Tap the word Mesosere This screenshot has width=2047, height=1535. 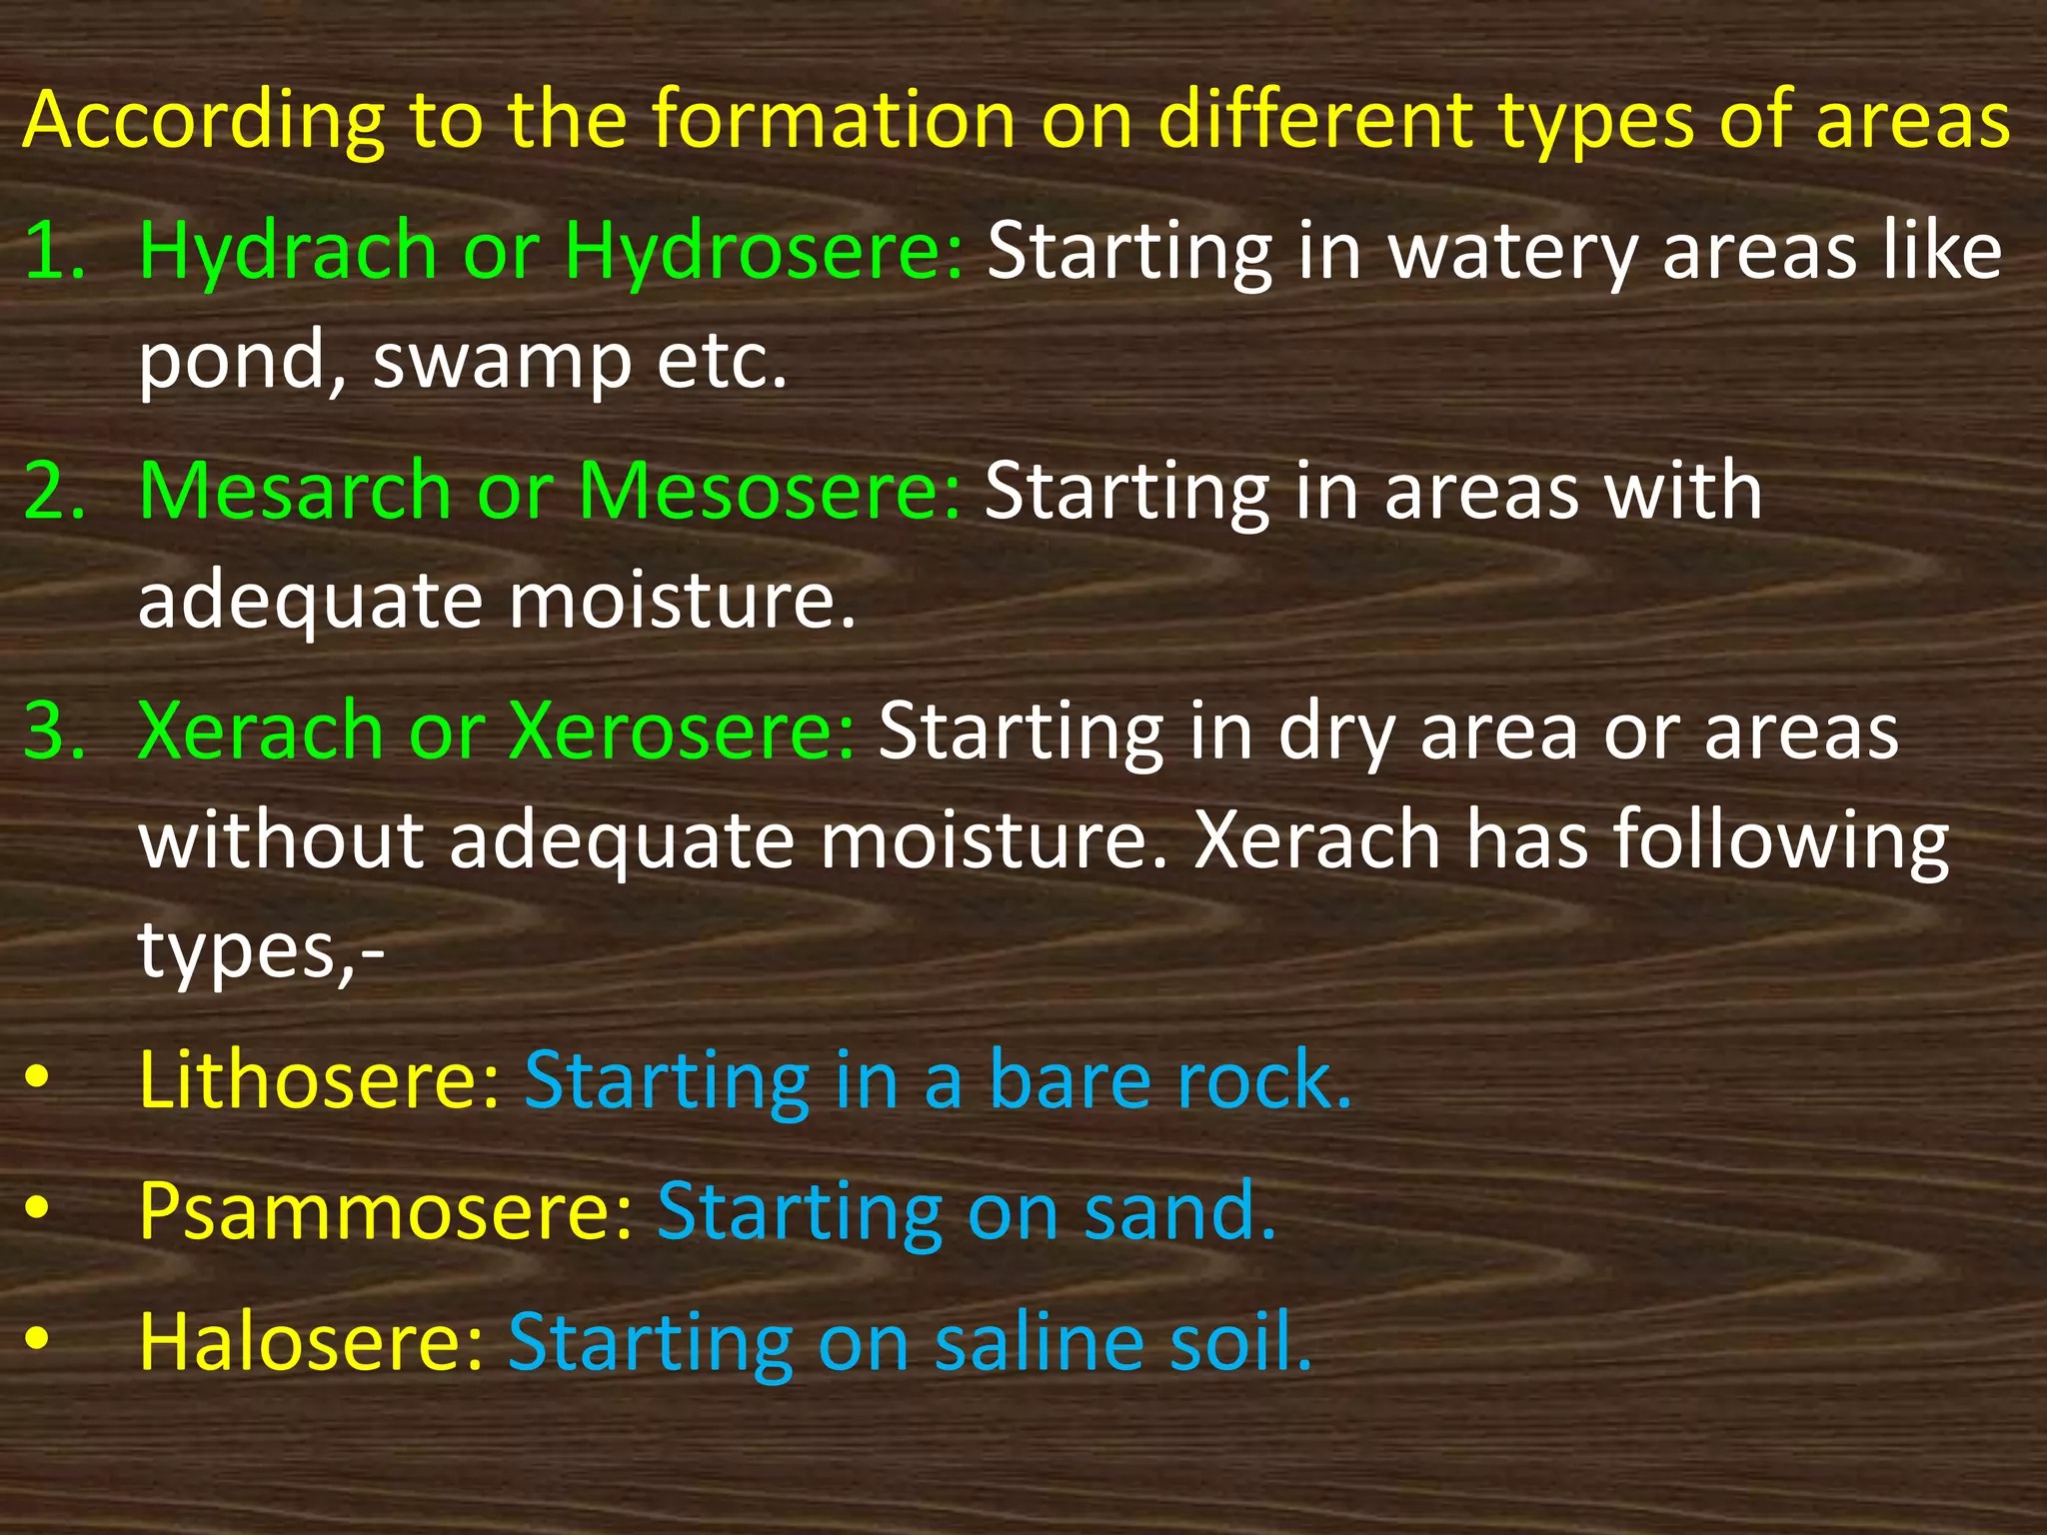pos(770,491)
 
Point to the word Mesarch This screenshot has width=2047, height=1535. pos(296,491)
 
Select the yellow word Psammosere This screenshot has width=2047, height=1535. pos(386,1211)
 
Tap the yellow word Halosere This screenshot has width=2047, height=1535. pos(311,1341)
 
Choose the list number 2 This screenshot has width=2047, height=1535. pos(54,491)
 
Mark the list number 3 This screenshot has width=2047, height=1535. pos(54,731)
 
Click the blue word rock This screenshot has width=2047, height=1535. pos(1263,1080)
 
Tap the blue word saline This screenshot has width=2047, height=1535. pos(1039,1341)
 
